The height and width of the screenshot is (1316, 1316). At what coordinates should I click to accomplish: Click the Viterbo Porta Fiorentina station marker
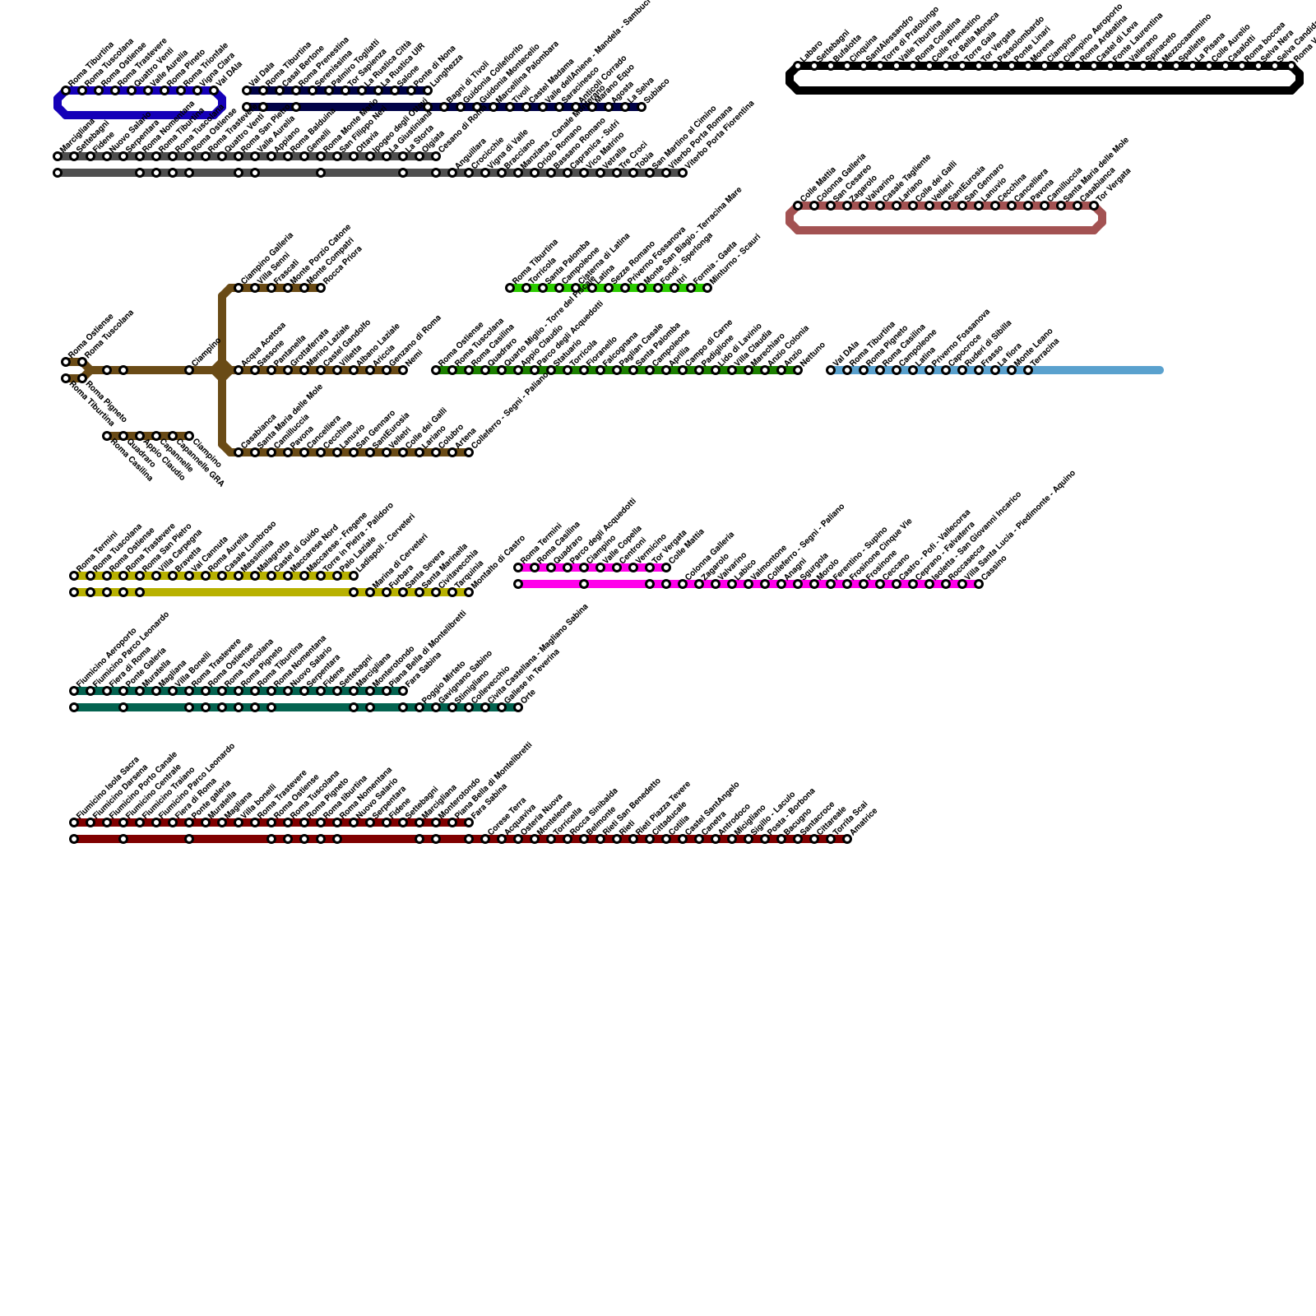683,173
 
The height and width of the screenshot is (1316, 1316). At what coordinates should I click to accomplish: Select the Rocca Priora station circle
321,288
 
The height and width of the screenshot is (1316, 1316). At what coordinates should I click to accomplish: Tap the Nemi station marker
403,370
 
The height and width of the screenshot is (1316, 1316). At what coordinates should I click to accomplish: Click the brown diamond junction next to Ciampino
222,370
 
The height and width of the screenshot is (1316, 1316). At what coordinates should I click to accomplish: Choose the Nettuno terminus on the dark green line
798,370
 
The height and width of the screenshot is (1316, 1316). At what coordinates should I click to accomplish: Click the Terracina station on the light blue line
1028,370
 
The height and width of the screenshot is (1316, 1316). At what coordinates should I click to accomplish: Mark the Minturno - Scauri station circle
707,288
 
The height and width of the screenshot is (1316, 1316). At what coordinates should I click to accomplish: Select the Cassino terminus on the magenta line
979,584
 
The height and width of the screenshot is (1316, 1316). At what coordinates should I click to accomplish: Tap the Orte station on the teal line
518,707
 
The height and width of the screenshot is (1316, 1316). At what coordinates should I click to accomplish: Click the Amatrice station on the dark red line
847,839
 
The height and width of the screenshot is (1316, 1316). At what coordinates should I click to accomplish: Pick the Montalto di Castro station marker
469,592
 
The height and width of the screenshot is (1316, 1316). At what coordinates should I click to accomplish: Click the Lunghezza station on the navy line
428,90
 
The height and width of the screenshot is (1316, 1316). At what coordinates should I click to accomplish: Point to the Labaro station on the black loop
798,66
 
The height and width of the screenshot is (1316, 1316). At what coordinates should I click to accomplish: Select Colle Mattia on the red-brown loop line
798,206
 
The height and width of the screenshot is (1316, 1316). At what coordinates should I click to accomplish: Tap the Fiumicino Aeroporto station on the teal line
74,691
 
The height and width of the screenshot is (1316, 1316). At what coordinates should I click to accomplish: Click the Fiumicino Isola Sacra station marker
74,822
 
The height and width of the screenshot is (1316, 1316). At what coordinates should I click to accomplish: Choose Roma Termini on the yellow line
74,576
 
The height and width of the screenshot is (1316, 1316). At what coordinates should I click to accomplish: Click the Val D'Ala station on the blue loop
214,90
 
